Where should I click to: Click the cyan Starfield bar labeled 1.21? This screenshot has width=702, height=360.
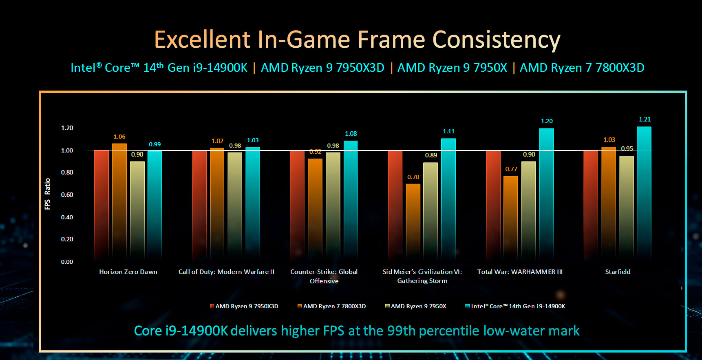[644, 194]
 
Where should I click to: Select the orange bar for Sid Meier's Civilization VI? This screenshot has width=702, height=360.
[413, 222]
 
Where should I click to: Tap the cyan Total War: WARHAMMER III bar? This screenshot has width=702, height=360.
[546, 195]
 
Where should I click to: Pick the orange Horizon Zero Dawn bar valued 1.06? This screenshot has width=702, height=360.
[119, 202]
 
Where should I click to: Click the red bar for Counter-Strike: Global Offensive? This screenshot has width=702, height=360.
[297, 206]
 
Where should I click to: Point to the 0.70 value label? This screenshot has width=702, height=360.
[413, 177]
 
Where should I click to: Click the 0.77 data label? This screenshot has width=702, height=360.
[511, 169]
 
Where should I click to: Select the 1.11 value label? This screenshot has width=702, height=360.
[448, 131]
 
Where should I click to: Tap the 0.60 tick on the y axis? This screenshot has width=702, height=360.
[67, 195]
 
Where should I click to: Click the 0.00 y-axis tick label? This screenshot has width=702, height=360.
[67, 262]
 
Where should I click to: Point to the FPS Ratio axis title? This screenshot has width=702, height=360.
[48, 194]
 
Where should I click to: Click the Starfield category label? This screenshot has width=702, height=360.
[618, 272]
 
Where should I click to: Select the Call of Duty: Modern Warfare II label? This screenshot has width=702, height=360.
[226, 272]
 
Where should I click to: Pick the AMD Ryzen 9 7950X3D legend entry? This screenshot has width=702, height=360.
[244, 306]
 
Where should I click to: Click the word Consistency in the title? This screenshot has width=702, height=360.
[496, 40]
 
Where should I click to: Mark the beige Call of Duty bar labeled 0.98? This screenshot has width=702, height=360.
[235, 206]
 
